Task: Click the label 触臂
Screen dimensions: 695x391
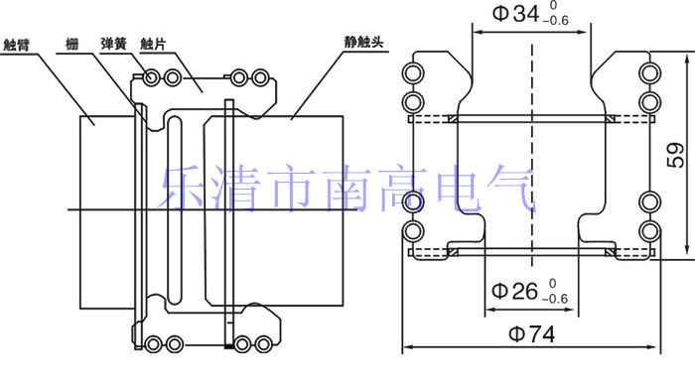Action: click(x=17, y=45)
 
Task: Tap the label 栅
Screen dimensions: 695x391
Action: click(x=71, y=44)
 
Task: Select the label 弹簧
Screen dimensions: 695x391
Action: click(x=113, y=44)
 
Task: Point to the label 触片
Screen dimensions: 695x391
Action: click(x=153, y=44)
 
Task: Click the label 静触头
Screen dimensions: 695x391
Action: click(x=363, y=42)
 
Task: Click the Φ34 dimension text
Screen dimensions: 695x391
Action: click(x=515, y=13)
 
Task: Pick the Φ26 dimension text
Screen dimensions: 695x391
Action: click(x=514, y=291)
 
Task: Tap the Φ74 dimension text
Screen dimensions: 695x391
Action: click(x=531, y=333)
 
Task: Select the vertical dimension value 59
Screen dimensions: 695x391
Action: click(x=675, y=155)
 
